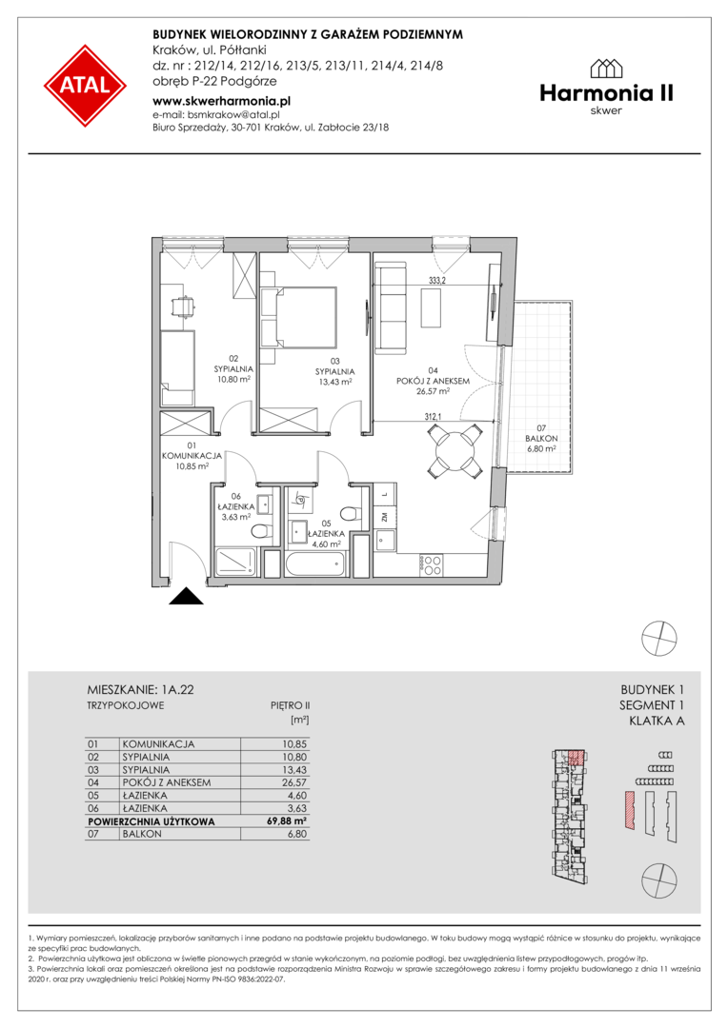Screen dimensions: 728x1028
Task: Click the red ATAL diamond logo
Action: click(x=86, y=86)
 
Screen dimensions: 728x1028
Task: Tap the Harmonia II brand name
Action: click(x=607, y=93)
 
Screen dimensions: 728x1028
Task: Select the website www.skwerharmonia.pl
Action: click(x=221, y=101)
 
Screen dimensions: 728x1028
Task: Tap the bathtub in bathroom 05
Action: click(x=315, y=563)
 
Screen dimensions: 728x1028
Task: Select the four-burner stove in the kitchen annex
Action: click(x=431, y=564)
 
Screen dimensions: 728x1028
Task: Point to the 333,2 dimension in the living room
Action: click(x=438, y=279)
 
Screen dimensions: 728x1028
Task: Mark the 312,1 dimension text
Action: click(x=434, y=416)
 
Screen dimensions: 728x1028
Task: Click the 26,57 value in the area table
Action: click(x=294, y=782)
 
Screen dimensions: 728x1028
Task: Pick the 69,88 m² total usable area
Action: click(x=290, y=820)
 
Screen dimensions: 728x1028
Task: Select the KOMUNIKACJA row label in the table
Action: click(x=158, y=744)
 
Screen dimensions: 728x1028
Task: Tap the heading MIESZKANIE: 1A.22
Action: click(x=140, y=690)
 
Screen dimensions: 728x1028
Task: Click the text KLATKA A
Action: click(x=657, y=722)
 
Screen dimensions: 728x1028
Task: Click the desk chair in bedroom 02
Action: click(x=183, y=306)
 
